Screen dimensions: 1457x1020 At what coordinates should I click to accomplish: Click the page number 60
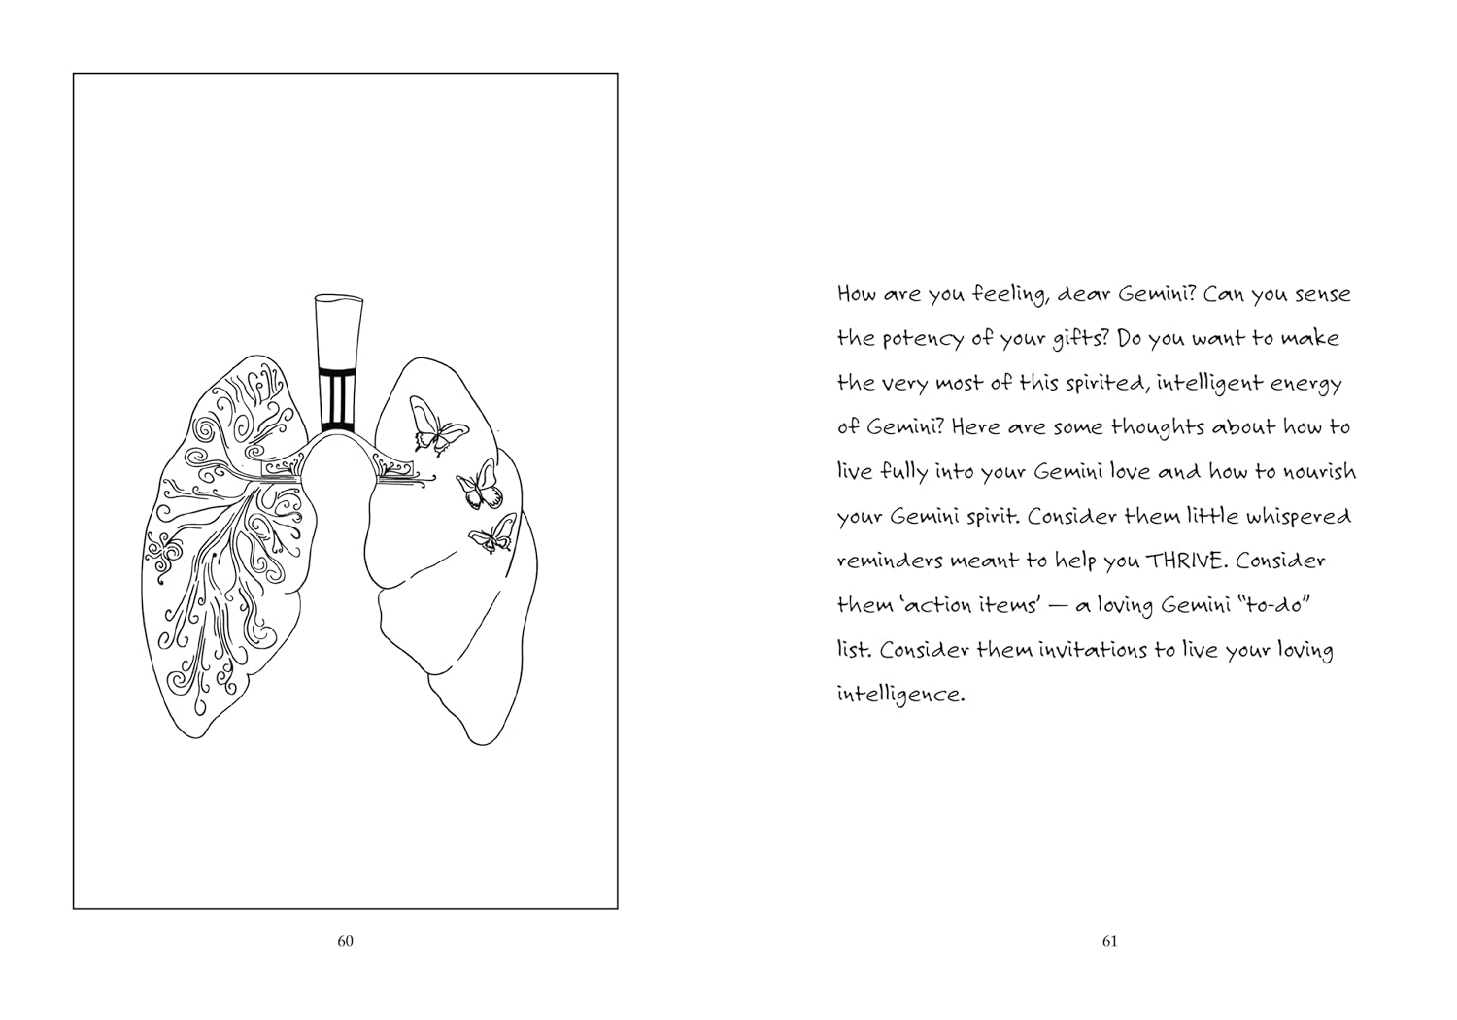tap(346, 941)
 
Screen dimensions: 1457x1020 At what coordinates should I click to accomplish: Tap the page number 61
tap(1109, 941)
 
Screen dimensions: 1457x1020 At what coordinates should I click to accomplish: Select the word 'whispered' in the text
tap(1299, 517)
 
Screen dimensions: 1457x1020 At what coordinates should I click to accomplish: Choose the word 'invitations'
tap(1094, 650)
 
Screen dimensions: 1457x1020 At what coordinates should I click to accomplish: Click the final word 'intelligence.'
tap(900, 696)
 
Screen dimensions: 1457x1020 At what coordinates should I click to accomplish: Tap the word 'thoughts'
tap(1158, 426)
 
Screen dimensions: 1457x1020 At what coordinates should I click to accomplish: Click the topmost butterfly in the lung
tap(437, 425)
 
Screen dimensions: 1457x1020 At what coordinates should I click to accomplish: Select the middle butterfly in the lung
tap(481, 485)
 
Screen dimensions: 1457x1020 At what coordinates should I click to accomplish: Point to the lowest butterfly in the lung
tap(493, 533)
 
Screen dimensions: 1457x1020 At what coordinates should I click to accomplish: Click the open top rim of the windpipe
tap(339, 300)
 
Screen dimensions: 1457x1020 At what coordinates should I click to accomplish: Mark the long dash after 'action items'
tap(1057, 606)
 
